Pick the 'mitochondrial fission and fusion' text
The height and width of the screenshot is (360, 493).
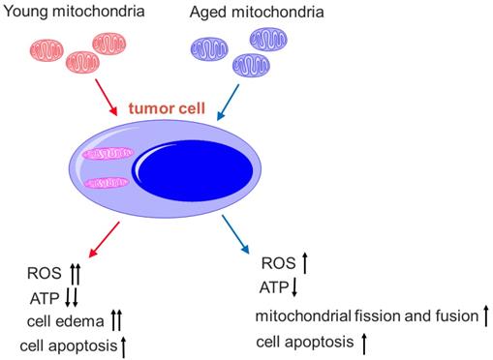point(365,316)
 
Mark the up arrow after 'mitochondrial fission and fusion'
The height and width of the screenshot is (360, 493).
point(485,315)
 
